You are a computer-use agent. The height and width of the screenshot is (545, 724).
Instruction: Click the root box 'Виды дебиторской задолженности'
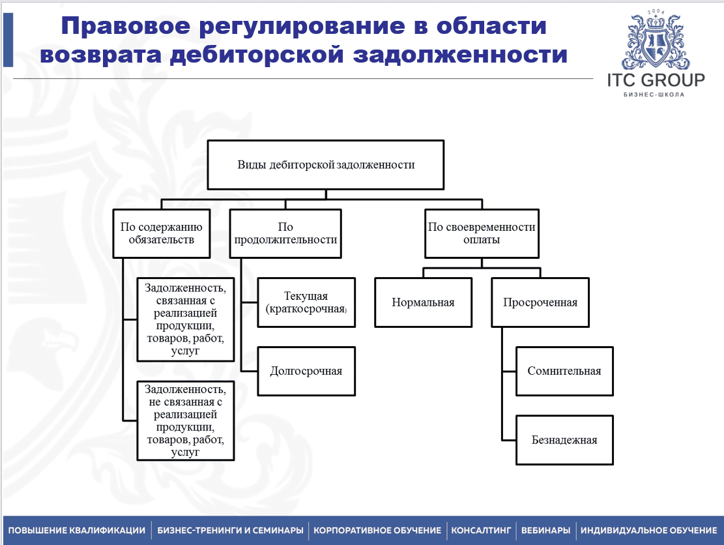(326, 164)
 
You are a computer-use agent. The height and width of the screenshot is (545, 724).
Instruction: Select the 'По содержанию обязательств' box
(161, 233)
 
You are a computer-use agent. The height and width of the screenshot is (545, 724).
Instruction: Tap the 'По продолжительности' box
(285, 233)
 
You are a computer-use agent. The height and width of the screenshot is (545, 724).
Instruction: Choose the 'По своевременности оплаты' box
(482, 233)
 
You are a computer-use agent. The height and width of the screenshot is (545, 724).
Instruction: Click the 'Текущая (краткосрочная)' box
(306, 302)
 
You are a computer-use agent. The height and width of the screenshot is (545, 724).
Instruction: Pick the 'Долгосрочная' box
(306, 371)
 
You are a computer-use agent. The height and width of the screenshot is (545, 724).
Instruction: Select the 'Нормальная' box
(423, 302)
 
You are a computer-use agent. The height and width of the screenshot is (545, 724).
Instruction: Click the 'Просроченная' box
(540, 302)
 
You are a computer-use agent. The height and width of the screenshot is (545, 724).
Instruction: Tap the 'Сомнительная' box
(564, 371)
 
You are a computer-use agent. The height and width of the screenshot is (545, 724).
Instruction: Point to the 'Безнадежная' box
(564, 439)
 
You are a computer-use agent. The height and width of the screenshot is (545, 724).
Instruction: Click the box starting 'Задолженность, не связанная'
(186, 420)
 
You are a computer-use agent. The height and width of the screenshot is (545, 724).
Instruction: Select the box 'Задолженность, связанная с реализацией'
(186, 319)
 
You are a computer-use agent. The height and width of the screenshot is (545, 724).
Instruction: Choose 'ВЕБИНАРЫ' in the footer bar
(545, 530)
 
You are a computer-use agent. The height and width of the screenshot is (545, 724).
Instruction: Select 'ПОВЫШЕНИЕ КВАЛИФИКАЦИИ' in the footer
(77, 530)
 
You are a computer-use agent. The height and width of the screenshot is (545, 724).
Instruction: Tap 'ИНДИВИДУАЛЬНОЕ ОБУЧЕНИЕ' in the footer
(648, 530)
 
